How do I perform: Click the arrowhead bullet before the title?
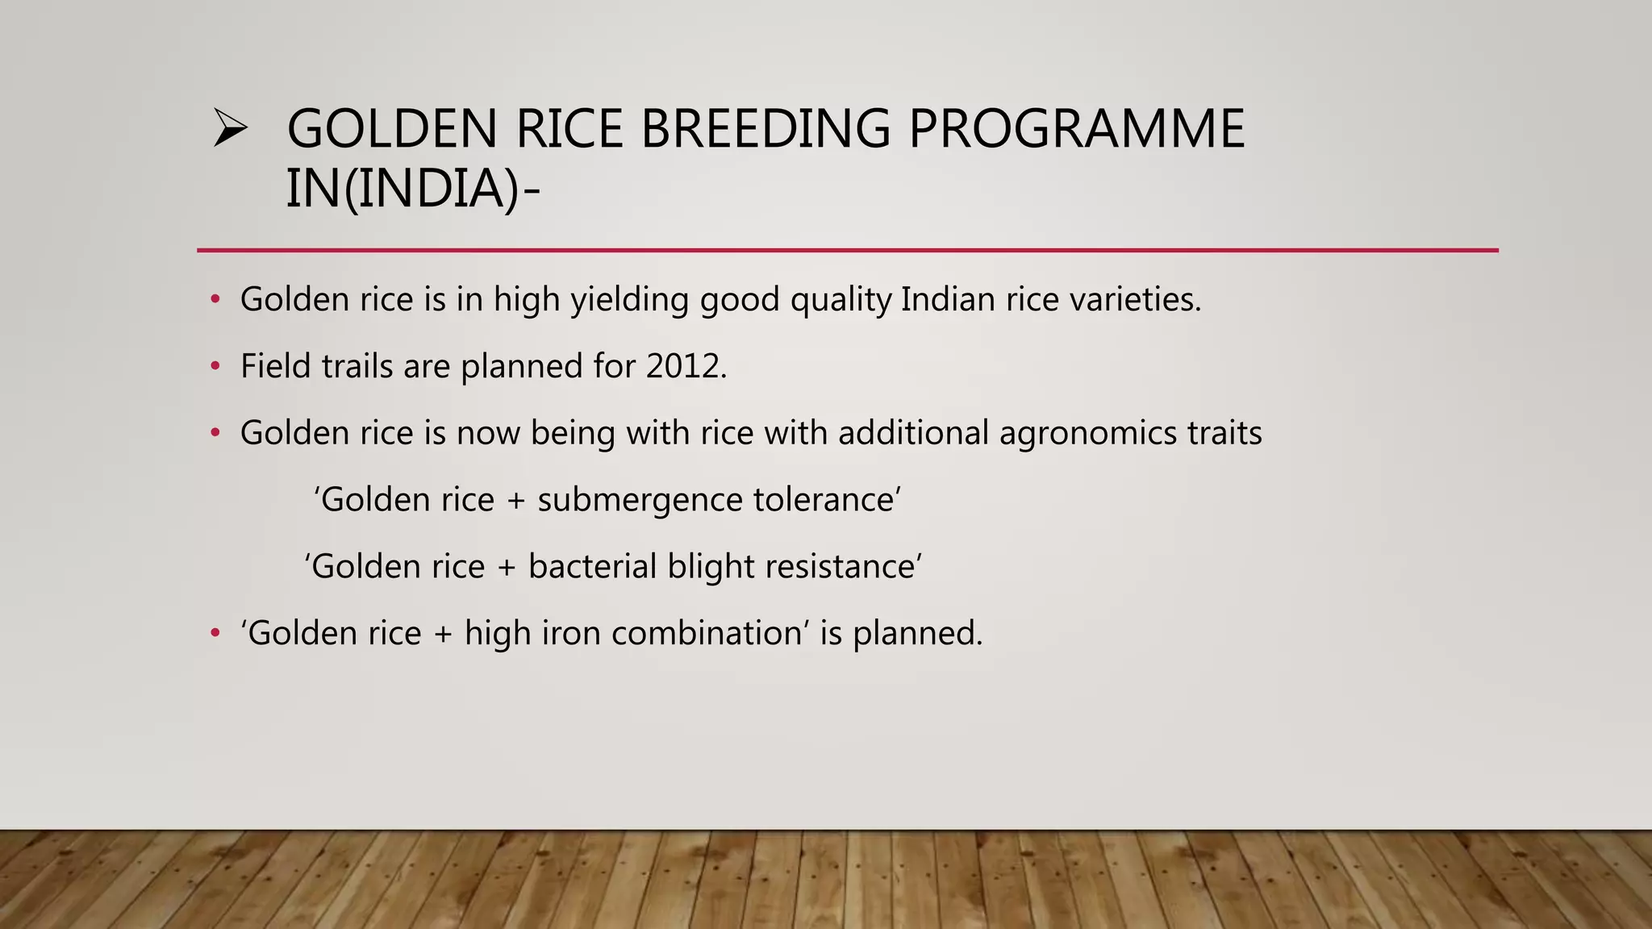pos(230,129)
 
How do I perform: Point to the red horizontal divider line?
pos(847,251)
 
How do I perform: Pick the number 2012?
pos(686,367)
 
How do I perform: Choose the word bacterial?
pos(592,567)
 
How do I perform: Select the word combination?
pos(707,633)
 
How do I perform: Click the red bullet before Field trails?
pos(215,367)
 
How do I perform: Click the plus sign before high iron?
pos(443,634)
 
